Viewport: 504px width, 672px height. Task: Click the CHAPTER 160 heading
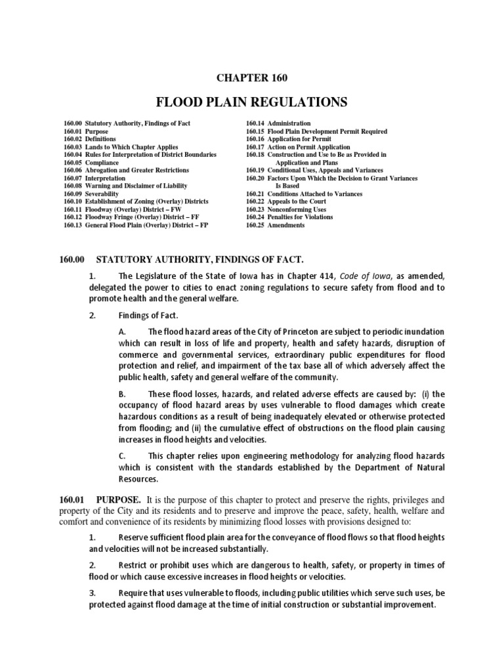[252, 78]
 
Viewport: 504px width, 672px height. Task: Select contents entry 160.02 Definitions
[90, 139]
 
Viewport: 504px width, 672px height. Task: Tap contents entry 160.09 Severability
[91, 194]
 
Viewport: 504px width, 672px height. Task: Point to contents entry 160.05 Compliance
[90, 162]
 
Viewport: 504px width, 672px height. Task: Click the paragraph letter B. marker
[122, 394]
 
